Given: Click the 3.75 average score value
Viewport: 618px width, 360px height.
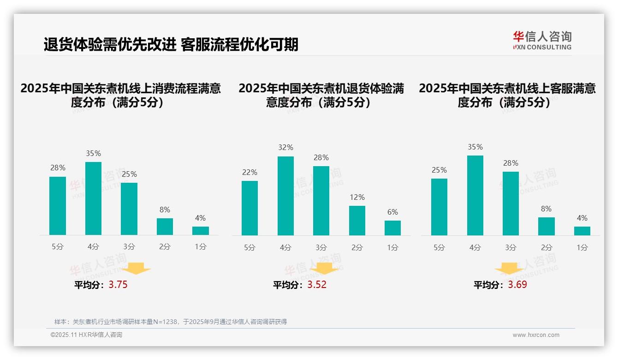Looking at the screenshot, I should click(118, 285).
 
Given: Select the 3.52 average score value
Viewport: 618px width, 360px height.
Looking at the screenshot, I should click(317, 285).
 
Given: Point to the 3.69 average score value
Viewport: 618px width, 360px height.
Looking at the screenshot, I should click(517, 285).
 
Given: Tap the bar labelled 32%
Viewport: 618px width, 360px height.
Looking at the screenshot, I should click(285, 196).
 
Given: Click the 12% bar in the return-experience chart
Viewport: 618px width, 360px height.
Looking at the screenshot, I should click(357, 220).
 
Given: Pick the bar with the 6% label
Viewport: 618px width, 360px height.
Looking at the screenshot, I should click(392, 228).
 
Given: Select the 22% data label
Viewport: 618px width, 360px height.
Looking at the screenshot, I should click(250, 173).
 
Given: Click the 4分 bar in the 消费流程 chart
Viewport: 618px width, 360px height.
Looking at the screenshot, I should click(94, 198).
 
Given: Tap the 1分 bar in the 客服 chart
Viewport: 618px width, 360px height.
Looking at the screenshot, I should click(582, 231).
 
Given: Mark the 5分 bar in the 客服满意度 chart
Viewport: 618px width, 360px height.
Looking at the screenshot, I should click(439, 207).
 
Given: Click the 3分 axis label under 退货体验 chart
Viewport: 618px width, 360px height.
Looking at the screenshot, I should click(321, 247).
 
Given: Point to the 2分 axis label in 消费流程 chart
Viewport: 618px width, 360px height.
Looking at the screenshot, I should click(165, 247).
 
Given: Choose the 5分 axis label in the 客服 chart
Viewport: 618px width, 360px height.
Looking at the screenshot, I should click(439, 247).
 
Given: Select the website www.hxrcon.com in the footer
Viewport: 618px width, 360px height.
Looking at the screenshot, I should click(536, 335).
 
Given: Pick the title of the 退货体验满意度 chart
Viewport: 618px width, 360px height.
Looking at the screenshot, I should click(321, 95).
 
